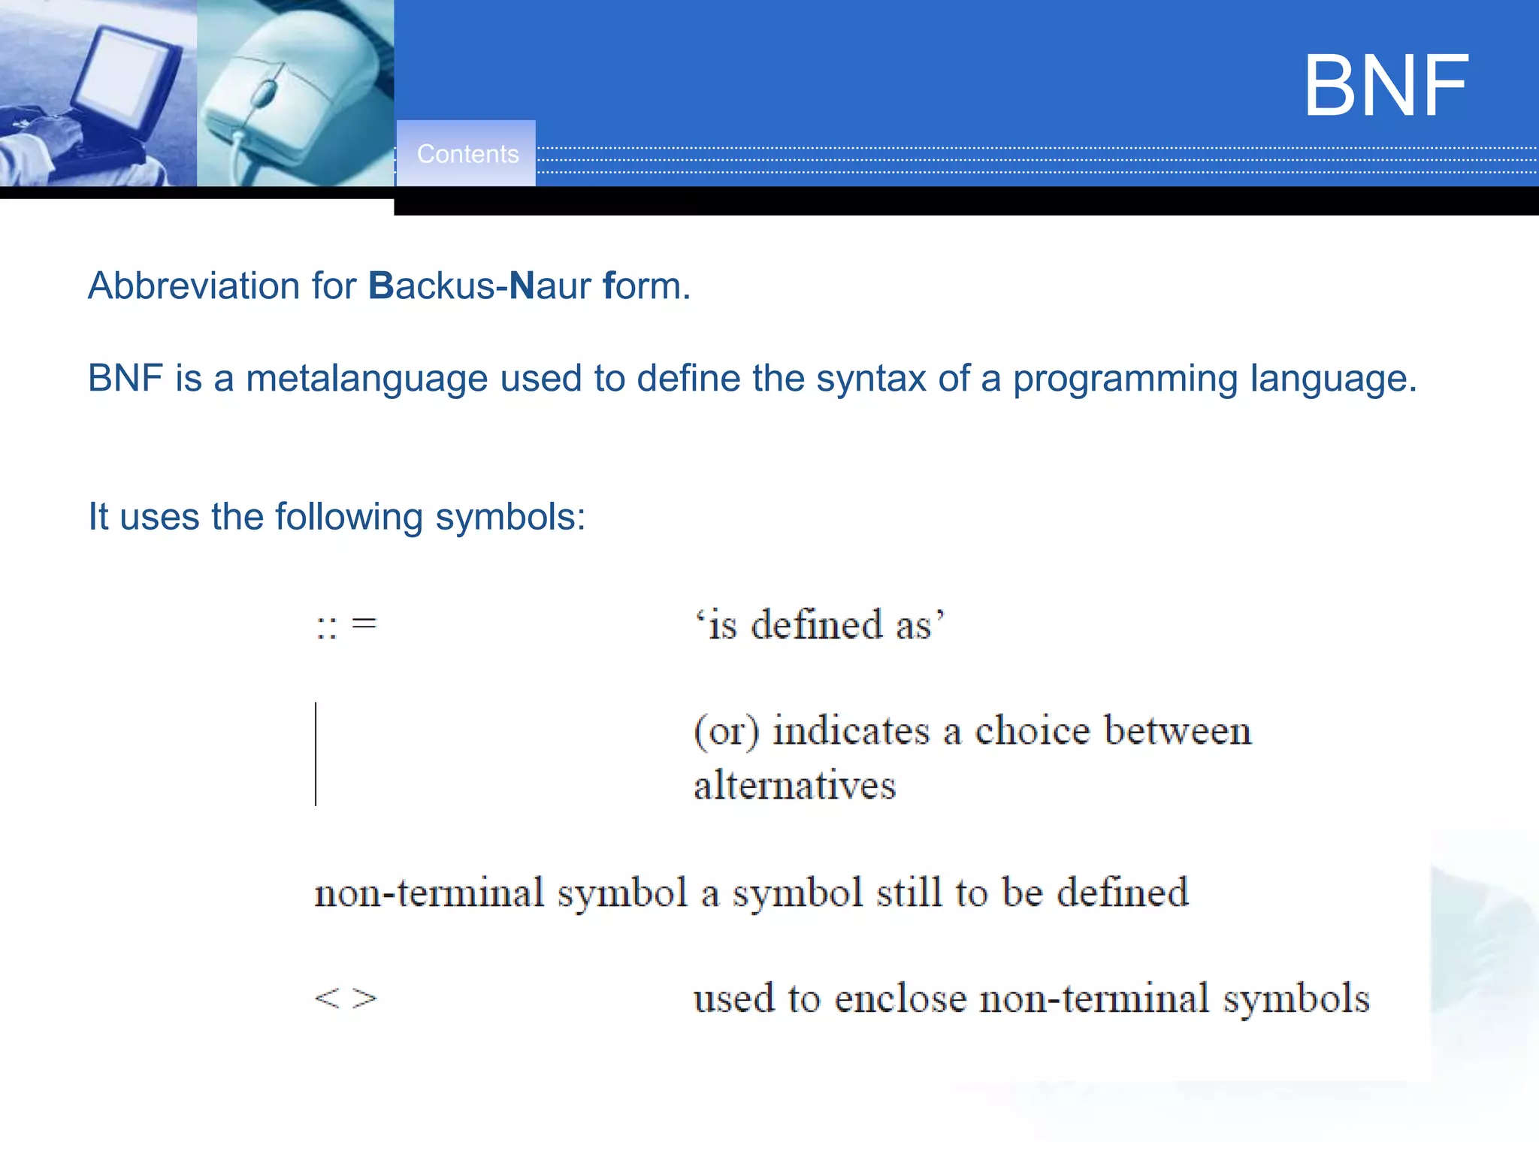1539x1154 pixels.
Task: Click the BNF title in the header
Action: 1385,86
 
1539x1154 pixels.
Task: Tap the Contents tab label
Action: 467,154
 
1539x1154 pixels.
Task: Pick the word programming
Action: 1124,379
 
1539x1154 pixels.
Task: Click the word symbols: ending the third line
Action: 509,518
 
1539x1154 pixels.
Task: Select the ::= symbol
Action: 346,625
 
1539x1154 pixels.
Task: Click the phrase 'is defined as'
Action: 819,625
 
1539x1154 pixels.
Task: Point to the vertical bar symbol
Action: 316,754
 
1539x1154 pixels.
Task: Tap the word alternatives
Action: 794,786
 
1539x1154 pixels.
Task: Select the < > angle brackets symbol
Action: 346,998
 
